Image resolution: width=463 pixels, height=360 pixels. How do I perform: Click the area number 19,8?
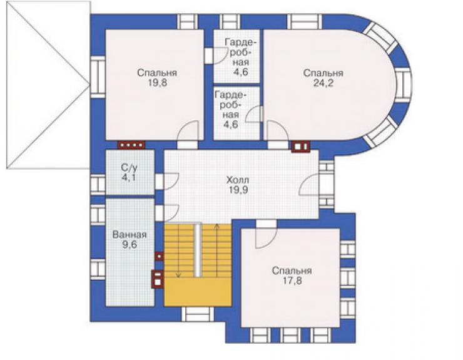click(158, 83)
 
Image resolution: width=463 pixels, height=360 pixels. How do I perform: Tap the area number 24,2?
click(323, 83)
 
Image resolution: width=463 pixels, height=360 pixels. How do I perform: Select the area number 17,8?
click(292, 280)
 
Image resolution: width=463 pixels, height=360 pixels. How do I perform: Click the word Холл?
click(238, 180)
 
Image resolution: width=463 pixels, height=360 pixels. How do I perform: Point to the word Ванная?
click(130, 235)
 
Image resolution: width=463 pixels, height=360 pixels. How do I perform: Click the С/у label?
click(130, 168)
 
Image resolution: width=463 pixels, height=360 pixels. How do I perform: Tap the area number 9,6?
click(130, 245)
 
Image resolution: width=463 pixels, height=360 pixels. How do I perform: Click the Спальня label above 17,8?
click(292, 270)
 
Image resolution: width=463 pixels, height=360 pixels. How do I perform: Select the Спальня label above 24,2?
click(323, 73)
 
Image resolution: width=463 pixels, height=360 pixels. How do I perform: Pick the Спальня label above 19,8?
click(157, 73)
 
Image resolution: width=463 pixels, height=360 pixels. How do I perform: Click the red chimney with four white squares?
click(131, 145)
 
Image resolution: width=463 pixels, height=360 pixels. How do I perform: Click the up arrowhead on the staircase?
click(217, 227)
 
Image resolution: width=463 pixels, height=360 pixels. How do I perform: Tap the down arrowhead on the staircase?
click(178, 275)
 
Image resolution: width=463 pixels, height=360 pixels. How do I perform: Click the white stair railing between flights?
click(198, 250)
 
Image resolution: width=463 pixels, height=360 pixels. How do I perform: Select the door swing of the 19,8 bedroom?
click(187, 131)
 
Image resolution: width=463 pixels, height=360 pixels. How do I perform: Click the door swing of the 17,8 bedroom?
click(266, 238)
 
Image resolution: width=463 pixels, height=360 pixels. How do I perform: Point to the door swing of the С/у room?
click(171, 182)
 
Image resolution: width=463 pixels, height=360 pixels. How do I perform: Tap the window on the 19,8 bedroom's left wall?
click(98, 77)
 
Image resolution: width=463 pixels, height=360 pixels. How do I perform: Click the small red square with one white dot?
click(159, 256)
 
